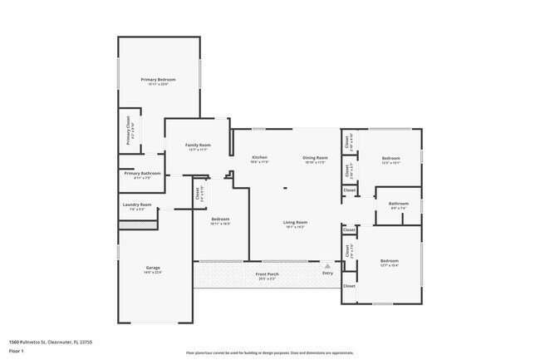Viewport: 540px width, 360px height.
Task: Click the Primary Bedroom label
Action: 158,80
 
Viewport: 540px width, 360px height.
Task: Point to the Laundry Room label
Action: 137,205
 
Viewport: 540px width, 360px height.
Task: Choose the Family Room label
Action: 198,145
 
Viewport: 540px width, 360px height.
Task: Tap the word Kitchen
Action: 259,157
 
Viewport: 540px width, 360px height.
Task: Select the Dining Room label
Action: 316,157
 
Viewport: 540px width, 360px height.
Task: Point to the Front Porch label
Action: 267,273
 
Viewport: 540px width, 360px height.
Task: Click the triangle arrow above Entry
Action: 327,267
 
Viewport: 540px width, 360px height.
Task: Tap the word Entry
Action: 327,274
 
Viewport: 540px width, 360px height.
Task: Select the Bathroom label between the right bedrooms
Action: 399,203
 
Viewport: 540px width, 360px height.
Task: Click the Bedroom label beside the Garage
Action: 219,219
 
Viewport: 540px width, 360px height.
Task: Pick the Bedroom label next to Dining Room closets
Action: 390,158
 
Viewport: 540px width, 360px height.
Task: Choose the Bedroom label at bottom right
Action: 390,261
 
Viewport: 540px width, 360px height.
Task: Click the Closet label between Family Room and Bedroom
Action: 197,195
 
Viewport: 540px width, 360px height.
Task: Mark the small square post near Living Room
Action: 285,188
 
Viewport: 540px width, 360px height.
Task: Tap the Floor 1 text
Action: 17,349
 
